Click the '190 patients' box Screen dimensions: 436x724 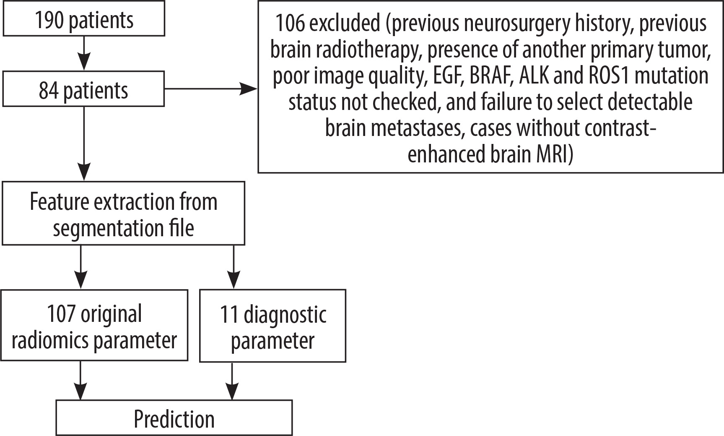[83, 20]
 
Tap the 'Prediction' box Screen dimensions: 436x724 [174, 418]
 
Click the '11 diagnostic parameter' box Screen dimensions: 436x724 [272, 326]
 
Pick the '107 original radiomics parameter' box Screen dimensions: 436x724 [95, 325]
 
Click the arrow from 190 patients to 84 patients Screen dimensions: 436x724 [84, 53]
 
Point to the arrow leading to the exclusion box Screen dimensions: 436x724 [210, 89]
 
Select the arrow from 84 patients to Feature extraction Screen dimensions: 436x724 [84, 143]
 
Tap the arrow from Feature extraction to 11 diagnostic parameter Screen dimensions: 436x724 [233, 267]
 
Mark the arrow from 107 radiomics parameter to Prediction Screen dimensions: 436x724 [80, 380]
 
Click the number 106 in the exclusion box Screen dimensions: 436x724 [290, 23]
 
